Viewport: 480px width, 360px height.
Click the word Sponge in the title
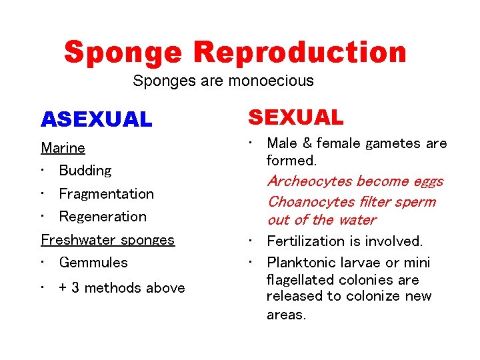pyautogui.click(x=124, y=53)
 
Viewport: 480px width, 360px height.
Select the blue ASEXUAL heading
pyautogui.click(x=97, y=119)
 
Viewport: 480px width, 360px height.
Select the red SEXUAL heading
pyautogui.click(x=296, y=117)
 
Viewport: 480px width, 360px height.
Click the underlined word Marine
pyautogui.click(x=63, y=147)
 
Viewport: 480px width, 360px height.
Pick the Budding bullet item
pyautogui.click(x=85, y=171)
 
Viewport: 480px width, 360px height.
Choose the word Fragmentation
pyautogui.click(x=106, y=194)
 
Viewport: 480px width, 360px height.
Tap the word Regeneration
pyautogui.click(x=103, y=217)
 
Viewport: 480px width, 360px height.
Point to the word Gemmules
pyautogui.click(x=93, y=263)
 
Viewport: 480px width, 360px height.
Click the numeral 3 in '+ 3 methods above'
pyautogui.click(x=75, y=288)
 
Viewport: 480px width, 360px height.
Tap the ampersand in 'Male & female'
pyautogui.click(x=308, y=143)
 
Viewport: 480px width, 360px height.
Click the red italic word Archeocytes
pyautogui.click(x=309, y=181)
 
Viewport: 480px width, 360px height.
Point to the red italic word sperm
pyautogui.click(x=417, y=201)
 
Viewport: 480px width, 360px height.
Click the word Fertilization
pyautogui.click(x=304, y=241)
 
